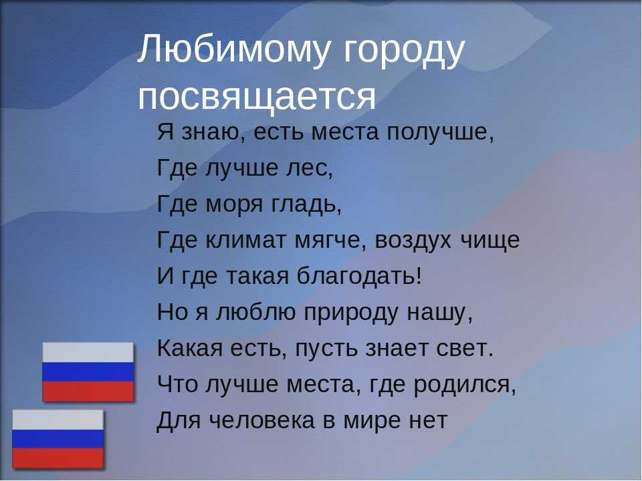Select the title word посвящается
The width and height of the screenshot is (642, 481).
coord(256,97)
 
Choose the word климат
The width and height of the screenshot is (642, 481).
coord(245,240)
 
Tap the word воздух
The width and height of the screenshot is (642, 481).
coord(413,241)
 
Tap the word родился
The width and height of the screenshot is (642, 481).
coord(464,385)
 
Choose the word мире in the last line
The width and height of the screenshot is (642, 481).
coord(372,422)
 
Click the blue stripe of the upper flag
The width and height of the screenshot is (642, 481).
coord(88,372)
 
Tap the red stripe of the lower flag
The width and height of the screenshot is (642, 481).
coord(58,458)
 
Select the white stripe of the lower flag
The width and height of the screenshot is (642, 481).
coord(58,420)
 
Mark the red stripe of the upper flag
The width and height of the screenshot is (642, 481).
coord(88,391)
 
